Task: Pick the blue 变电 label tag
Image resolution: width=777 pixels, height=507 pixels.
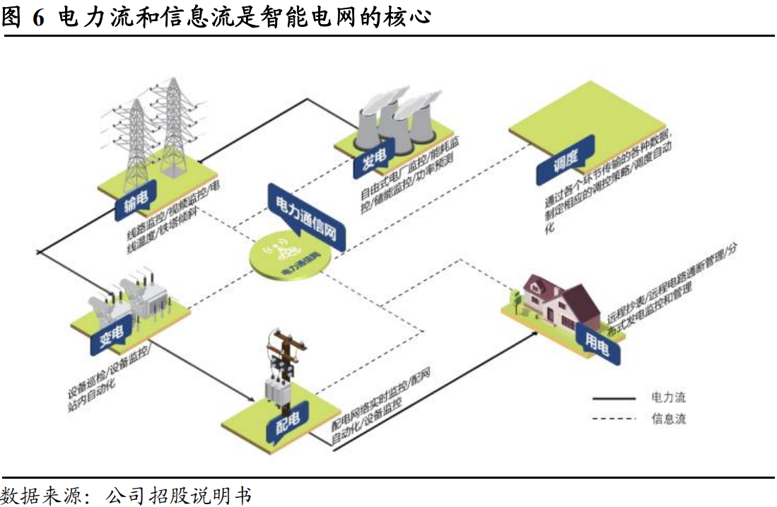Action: [x=107, y=339]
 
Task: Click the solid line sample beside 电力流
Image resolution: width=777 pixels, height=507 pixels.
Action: [x=614, y=399]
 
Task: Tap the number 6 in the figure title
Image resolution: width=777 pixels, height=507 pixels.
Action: [x=37, y=16]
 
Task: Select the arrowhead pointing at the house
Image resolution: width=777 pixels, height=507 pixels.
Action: [x=532, y=332]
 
